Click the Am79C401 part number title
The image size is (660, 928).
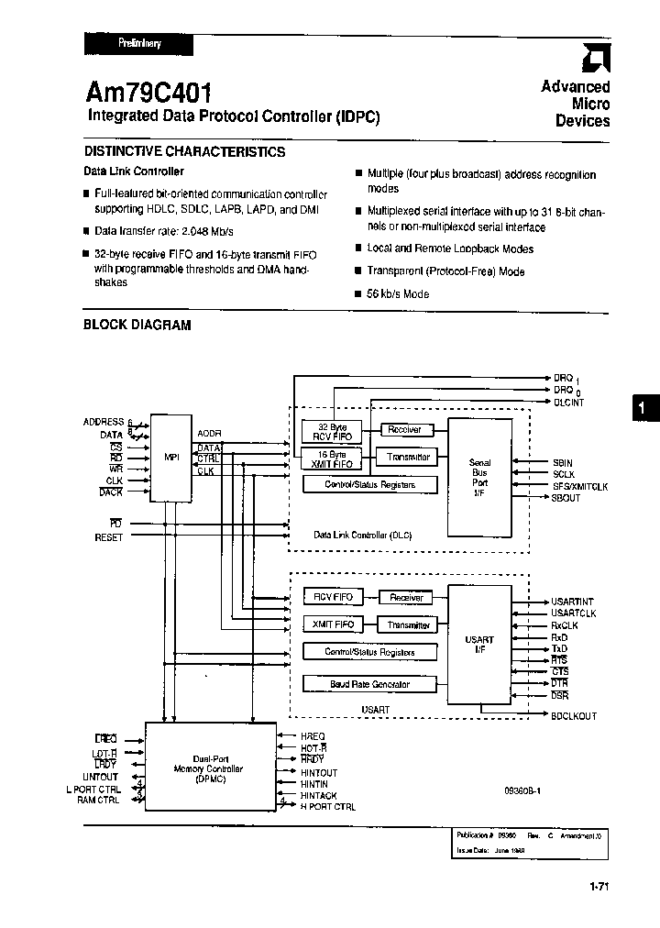coord(149,92)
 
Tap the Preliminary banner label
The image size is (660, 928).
coord(139,42)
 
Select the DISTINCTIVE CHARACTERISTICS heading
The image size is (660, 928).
coord(184,152)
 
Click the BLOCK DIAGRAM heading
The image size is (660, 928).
coord(137,326)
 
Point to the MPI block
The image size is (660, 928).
coord(171,457)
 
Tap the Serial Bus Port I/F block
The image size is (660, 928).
coord(479,477)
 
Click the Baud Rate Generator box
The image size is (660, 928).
coord(369,684)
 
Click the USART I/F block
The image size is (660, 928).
coord(479,645)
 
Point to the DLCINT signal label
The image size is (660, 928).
coord(568,403)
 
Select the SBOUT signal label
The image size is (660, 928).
coord(566,498)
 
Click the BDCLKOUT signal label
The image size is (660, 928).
coord(574,716)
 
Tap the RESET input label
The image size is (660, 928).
coord(108,537)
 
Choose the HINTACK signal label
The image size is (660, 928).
coord(318,796)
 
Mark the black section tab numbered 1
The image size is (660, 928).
coord(643,408)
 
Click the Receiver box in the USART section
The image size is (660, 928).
coord(406,598)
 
